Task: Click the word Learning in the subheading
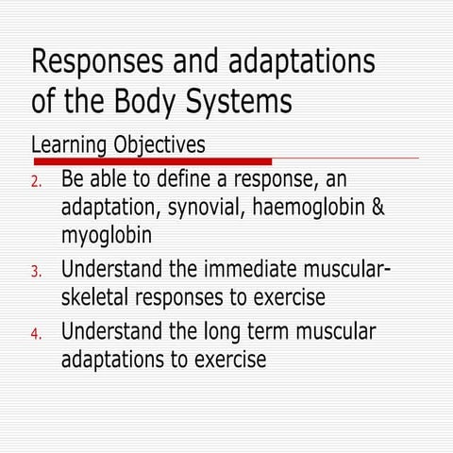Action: point(69,147)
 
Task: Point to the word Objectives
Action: point(159,147)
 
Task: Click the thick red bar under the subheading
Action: point(151,162)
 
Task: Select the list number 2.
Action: point(37,181)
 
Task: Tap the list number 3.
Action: point(37,274)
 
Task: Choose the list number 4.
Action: point(37,335)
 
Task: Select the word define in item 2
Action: point(180,178)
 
